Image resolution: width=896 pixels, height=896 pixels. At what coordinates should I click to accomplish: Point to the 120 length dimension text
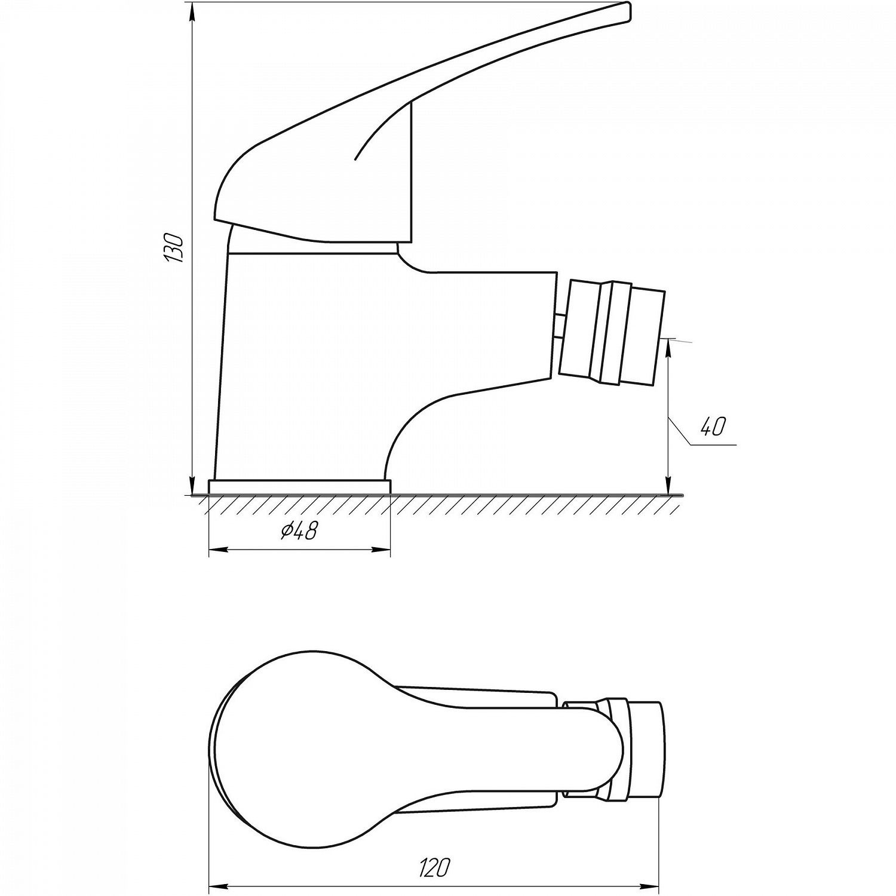tap(434, 851)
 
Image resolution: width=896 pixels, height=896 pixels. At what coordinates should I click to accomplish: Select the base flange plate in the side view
tap(299, 486)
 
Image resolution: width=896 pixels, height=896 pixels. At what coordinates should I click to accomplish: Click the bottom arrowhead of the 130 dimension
tap(192, 486)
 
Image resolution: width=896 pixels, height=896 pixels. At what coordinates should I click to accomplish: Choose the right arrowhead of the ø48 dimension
tap(382, 550)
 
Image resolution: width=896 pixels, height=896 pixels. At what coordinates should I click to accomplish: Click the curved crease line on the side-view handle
tap(382, 128)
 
